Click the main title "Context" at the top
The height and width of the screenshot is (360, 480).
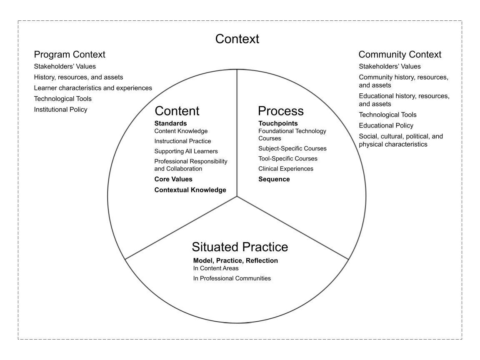pyautogui.click(x=237, y=39)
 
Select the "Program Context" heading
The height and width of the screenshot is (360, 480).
pyautogui.click(x=70, y=55)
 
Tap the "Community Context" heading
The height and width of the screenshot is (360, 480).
pyautogui.click(x=400, y=55)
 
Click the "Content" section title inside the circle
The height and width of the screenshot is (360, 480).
pyautogui.click(x=177, y=111)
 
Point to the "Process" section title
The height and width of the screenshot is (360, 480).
pyautogui.click(x=280, y=111)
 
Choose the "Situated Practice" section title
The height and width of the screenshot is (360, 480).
pyautogui.click(x=240, y=247)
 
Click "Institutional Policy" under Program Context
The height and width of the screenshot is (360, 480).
pyautogui.click(x=60, y=110)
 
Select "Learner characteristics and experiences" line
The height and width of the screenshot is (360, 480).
pyautogui.click(x=93, y=88)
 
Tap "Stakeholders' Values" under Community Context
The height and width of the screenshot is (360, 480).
pyautogui.click(x=390, y=66)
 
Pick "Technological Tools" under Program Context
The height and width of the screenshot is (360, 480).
pyautogui.click(x=62, y=99)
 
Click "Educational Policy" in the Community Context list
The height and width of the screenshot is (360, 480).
pyautogui.click(x=386, y=125)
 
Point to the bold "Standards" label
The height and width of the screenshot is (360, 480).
pyautogui.click(x=170, y=123)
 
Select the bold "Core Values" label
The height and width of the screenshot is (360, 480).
pyautogui.click(x=173, y=179)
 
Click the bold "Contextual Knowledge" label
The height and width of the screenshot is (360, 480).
pyautogui.click(x=190, y=190)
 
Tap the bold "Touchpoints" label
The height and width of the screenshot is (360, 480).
pyautogui.click(x=278, y=123)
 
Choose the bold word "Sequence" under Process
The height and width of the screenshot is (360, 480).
pyautogui.click(x=274, y=179)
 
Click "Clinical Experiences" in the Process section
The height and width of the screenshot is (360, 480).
pyautogui.click(x=285, y=169)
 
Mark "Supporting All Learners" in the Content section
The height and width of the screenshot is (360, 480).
pyautogui.click(x=186, y=151)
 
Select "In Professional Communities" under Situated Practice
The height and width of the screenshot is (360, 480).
pyautogui.click(x=232, y=278)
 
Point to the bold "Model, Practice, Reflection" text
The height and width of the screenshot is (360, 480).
pyautogui.click(x=235, y=261)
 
